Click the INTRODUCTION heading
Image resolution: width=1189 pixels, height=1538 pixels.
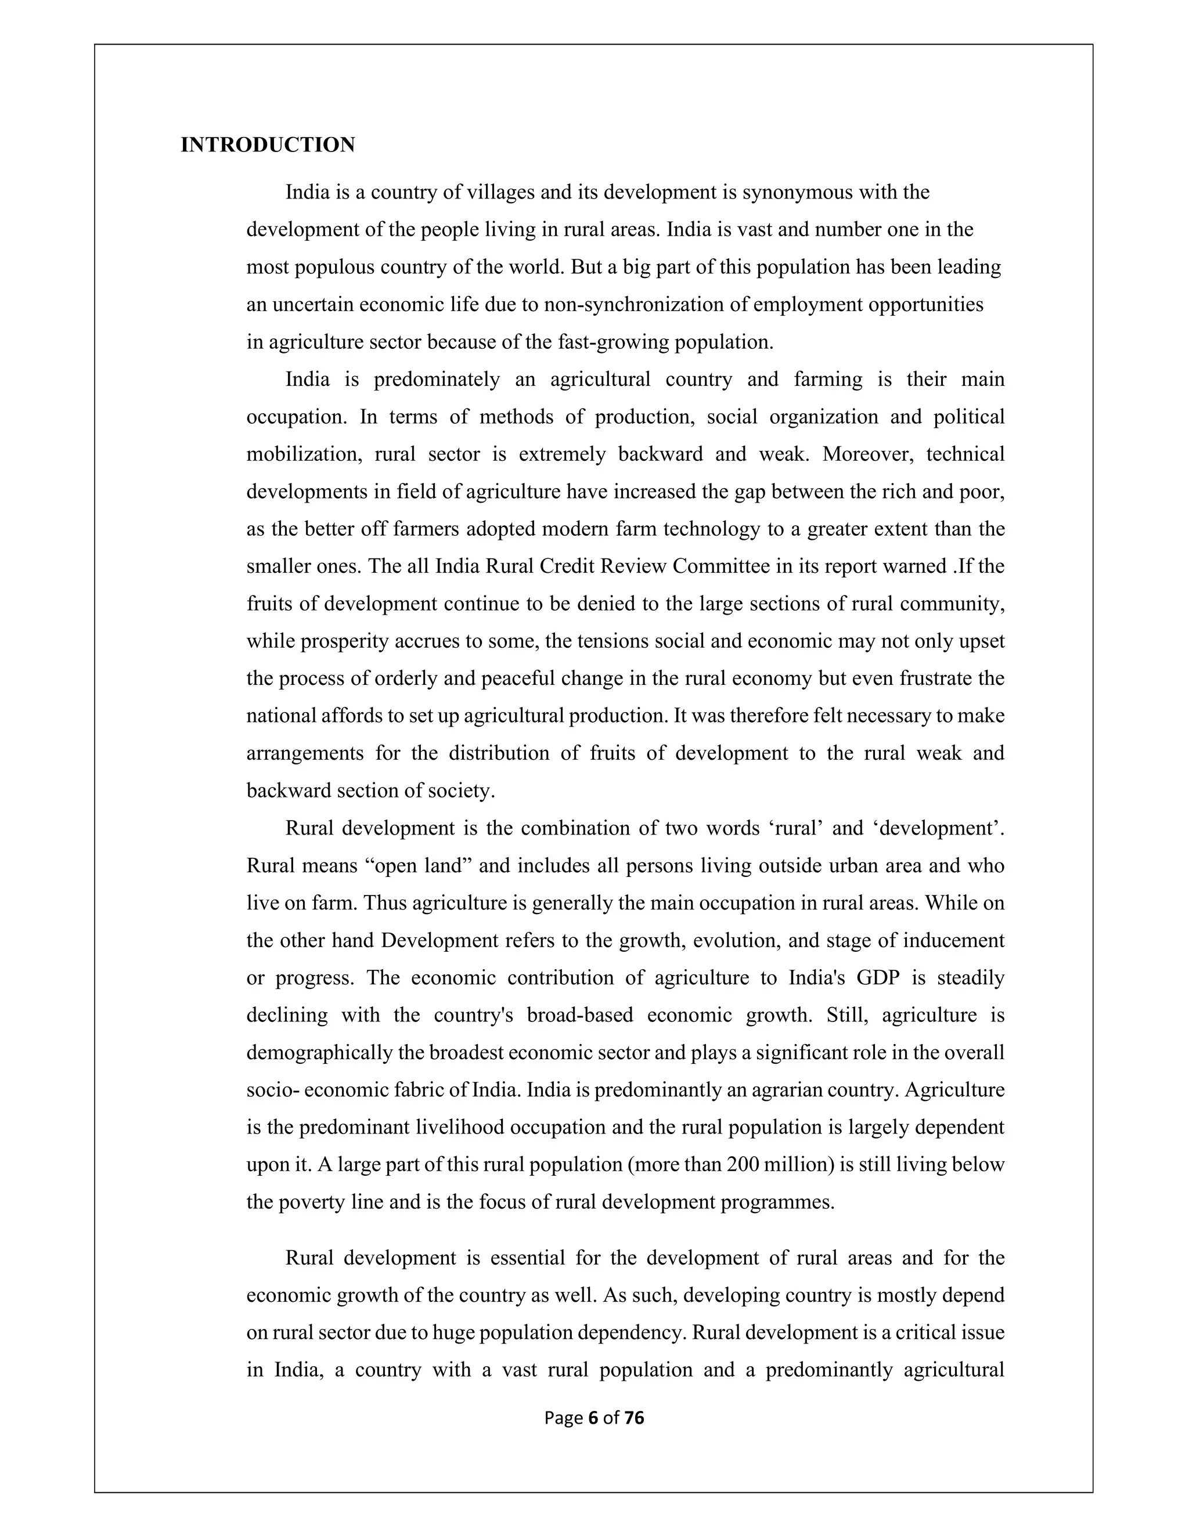(268, 145)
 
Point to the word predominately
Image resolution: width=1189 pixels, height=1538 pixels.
(436, 380)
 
